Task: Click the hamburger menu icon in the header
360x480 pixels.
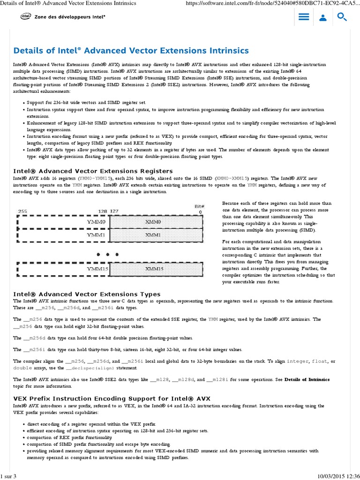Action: pos(304,17)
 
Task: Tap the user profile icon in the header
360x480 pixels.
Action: pos(323,18)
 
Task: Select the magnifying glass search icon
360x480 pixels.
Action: pos(342,17)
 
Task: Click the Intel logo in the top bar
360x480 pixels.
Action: pos(25,16)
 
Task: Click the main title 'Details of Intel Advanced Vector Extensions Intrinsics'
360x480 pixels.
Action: pos(131,51)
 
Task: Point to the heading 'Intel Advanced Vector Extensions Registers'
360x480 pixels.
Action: pos(93,171)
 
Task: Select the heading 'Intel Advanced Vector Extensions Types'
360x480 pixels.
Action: pos(87,294)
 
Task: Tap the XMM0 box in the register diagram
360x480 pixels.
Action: pos(153,221)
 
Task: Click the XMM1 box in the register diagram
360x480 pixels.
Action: pos(153,234)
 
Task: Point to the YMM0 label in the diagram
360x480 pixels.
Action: pos(97,221)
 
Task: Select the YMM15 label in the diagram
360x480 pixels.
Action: pos(98,269)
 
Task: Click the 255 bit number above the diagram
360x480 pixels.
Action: pos(22,212)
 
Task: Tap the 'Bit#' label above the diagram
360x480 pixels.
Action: pos(199,206)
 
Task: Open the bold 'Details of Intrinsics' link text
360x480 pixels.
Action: pos(307,379)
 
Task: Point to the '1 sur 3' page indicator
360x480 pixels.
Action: pos(8,476)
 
